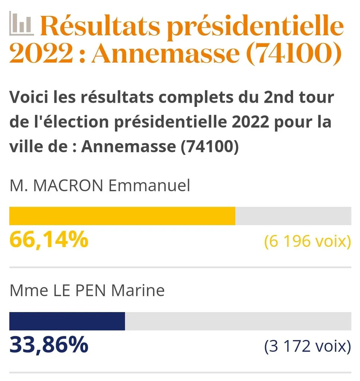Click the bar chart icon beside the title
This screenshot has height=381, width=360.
point(21,23)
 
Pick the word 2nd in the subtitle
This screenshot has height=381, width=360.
point(278,97)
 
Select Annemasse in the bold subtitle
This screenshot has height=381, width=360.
point(128,146)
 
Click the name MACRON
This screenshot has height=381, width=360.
point(68,186)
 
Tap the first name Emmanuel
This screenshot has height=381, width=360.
point(149,186)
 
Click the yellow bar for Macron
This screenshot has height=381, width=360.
point(122,216)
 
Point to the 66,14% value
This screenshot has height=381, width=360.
point(49,240)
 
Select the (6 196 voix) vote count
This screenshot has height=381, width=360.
point(308,241)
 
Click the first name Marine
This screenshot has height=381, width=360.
point(138,290)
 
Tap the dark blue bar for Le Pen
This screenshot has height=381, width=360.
point(67,321)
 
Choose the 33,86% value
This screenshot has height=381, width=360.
point(49,345)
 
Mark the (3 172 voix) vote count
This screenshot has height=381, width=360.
point(308,346)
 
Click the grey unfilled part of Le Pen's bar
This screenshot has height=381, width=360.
point(238,321)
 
